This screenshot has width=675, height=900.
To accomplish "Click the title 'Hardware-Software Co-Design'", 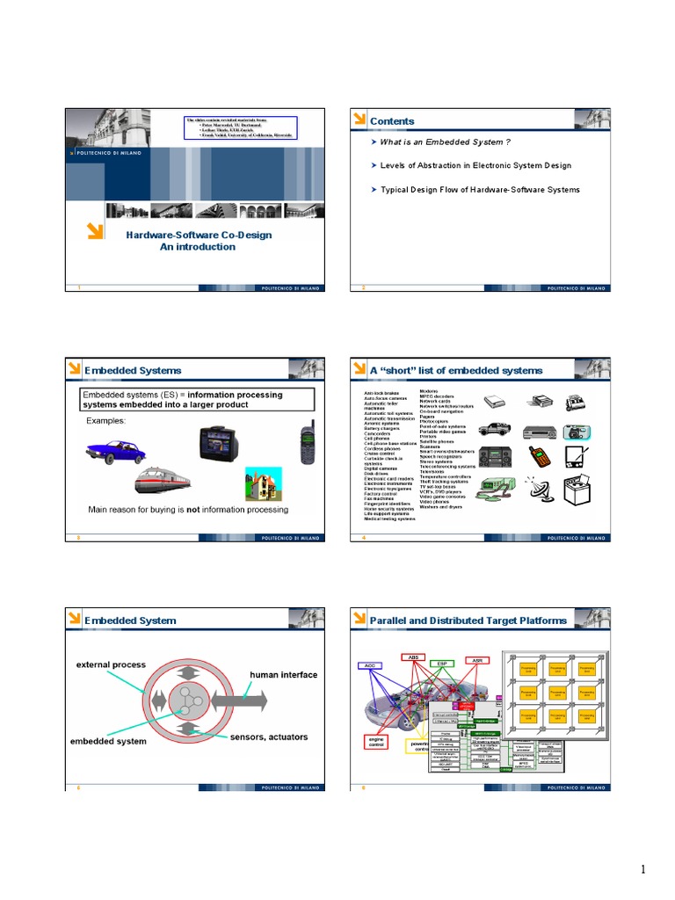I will point(198,235).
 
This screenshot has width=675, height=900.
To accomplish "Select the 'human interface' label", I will point(283,675).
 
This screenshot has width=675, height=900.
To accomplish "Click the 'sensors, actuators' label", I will point(269,737).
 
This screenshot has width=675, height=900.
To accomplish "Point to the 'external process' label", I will point(110,664).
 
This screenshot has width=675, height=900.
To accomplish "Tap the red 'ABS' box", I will point(412,657).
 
